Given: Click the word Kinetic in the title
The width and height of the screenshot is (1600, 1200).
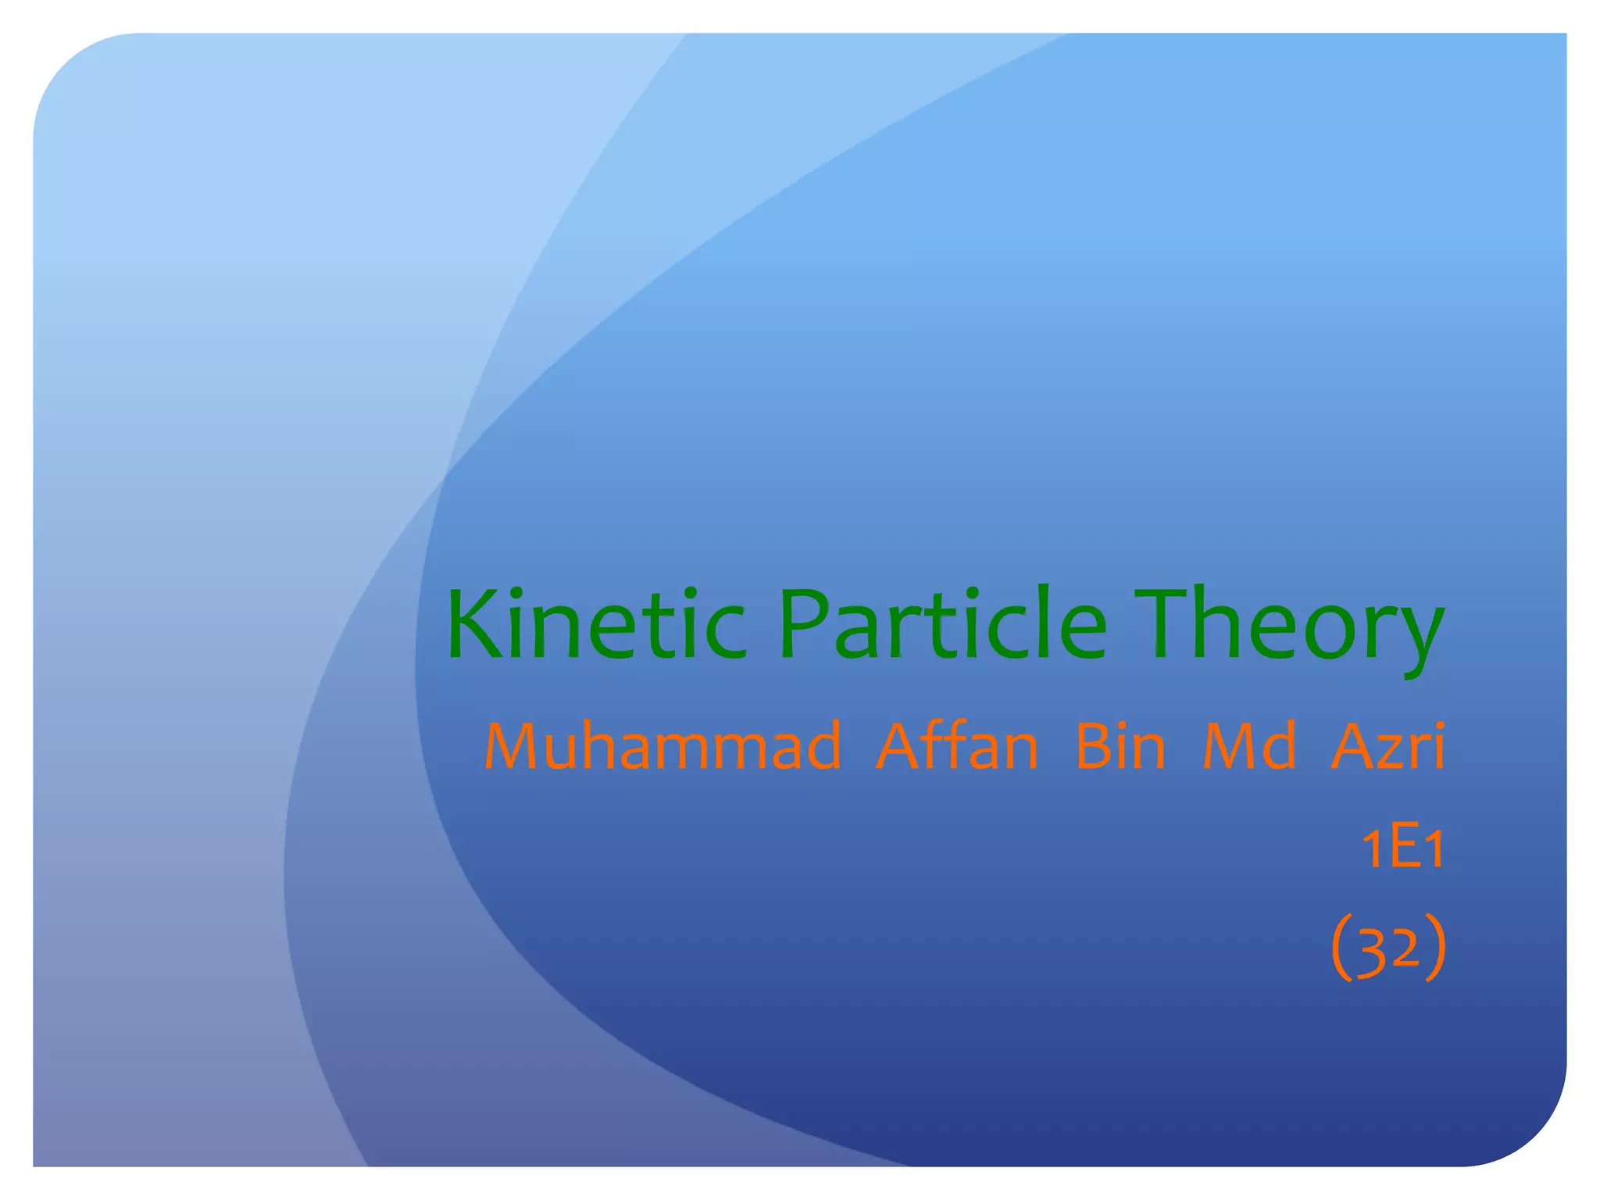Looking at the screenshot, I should click(x=595, y=625).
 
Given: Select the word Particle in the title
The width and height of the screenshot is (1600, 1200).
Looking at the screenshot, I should click(x=942, y=625).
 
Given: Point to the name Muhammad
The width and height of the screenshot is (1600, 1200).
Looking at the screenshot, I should click(x=662, y=746).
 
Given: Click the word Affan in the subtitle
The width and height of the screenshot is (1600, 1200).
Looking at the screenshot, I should click(x=957, y=746).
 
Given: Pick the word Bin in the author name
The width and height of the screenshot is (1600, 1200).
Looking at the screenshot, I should click(x=1120, y=746).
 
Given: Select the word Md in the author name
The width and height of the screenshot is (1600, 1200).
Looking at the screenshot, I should click(x=1249, y=746).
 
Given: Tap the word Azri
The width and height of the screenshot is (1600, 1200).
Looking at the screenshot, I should click(x=1387, y=746).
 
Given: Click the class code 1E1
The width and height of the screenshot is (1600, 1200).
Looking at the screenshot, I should click(x=1403, y=848).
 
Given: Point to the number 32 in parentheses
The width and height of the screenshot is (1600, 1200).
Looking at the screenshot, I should click(x=1388, y=948).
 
